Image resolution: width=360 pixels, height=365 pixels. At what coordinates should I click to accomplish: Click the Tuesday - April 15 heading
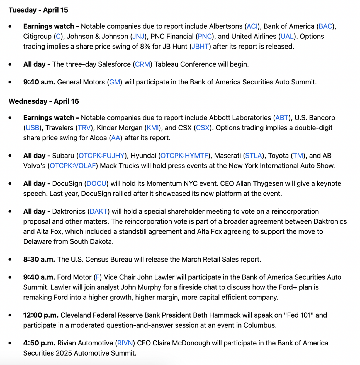(x=38, y=10)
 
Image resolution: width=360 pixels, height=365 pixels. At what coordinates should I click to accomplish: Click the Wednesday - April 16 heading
(x=44, y=101)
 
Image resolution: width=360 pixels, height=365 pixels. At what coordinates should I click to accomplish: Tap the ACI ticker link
(x=252, y=26)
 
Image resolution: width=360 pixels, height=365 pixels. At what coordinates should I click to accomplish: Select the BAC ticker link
(x=325, y=26)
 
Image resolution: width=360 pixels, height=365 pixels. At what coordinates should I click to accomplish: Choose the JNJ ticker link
(x=138, y=36)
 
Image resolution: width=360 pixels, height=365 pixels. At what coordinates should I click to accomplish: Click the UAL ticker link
(x=287, y=36)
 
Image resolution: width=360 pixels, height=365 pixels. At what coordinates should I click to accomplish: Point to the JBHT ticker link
(x=200, y=46)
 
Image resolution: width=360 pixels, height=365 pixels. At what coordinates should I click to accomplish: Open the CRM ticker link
(x=142, y=64)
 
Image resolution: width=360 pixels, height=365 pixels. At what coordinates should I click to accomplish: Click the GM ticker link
(x=115, y=82)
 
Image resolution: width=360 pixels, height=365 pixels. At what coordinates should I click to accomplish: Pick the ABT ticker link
(x=282, y=118)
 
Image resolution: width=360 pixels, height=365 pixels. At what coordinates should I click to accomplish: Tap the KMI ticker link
(x=152, y=128)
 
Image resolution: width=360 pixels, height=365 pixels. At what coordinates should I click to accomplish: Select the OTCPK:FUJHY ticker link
(x=101, y=156)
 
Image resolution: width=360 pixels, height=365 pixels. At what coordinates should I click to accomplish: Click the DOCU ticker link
(x=96, y=183)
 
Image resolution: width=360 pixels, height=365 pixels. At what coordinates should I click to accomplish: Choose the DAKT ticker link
(x=99, y=211)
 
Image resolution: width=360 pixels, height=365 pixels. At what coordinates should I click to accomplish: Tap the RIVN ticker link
(x=125, y=343)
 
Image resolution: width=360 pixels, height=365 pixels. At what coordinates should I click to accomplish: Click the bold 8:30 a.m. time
(x=39, y=259)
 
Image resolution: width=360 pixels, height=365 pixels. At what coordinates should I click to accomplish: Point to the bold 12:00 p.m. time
(x=41, y=315)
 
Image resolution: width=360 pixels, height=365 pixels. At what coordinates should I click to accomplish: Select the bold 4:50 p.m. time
(x=39, y=343)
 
